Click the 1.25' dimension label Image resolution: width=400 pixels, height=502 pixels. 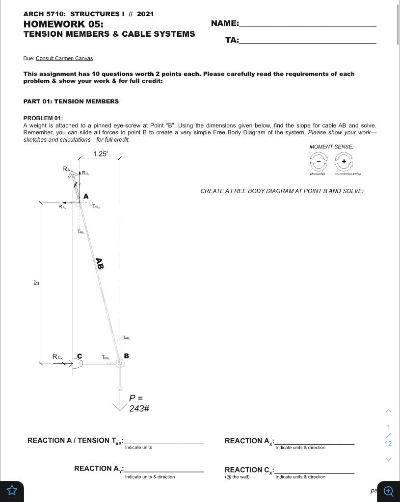pos(100,154)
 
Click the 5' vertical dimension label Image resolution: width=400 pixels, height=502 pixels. pos(36,283)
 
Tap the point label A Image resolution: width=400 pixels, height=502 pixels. pos(86,196)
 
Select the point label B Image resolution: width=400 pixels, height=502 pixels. pos(126,355)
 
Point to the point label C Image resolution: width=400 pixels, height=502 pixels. pos(80,356)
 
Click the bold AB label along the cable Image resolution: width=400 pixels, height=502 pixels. pos(100,264)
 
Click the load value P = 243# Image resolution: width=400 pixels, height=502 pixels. pos(139,403)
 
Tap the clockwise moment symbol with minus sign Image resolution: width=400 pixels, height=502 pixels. pos(318,161)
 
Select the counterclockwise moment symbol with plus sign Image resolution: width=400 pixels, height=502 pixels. pos(344,161)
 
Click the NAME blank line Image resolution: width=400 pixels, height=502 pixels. pos(307,25)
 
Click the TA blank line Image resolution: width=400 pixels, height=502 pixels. pos(307,41)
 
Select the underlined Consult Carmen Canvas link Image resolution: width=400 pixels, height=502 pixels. pos(64,58)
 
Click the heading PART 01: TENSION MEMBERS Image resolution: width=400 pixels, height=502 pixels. pos(71,101)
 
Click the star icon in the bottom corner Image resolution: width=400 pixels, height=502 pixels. pos(12,490)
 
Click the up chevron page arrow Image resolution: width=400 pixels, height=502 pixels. pos(388,411)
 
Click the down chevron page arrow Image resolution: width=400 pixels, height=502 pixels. pos(388,459)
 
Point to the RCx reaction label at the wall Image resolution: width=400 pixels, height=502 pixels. pos(57,357)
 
